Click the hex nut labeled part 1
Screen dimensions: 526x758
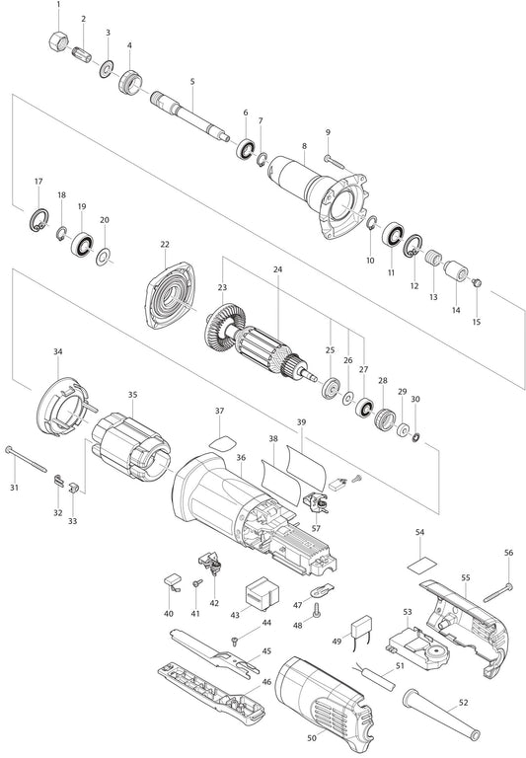(57, 41)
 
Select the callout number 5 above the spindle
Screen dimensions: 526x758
(192, 81)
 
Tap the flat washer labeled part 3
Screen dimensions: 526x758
(106, 69)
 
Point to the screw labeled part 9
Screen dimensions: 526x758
(335, 162)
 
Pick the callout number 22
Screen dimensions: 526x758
(165, 245)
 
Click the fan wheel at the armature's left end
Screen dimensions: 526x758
(223, 327)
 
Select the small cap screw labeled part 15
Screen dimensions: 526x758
(477, 282)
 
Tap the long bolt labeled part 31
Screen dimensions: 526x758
(26, 459)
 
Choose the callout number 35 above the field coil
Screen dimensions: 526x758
(133, 395)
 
